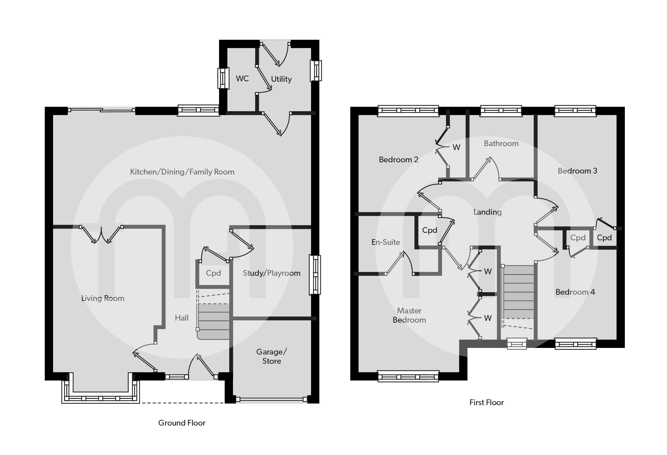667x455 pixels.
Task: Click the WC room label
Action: (242, 79)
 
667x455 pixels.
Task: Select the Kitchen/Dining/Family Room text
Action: (182, 172)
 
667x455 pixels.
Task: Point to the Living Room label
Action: (103, 298)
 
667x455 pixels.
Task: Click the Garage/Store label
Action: (271, 356)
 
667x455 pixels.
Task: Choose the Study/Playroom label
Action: (271, 273)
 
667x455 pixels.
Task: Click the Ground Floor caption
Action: (182, 423)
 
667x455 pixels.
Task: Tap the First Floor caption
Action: (486, 402)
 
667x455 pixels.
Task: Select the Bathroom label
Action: (501, 143)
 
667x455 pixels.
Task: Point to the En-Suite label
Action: (385, 242)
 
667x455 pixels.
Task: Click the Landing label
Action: (487, 212)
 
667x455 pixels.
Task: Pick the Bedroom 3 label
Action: (577, 171)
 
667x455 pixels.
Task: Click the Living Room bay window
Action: (101, 398)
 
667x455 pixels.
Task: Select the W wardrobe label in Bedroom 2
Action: (456, 147)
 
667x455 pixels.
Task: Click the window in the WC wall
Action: (223, 78)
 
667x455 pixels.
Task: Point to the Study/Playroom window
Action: (315, 274)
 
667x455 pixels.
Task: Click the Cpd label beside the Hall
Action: (213, 273)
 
